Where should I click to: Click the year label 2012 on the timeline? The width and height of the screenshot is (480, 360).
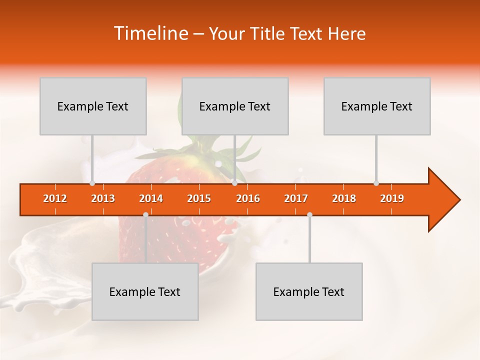[55, 198]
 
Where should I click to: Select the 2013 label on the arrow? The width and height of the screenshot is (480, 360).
[103, 198]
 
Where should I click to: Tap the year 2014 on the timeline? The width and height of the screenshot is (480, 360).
[151, 198]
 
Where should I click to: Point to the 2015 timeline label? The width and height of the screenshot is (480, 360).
[199, 198]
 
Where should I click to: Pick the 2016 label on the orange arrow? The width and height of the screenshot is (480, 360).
[248, 198]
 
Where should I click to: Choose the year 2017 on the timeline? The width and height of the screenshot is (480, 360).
[296, 198]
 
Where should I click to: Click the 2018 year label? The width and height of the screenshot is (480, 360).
[344, 198]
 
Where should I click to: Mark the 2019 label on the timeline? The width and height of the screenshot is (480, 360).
[392, 198]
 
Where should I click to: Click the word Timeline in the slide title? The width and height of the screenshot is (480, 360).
[150, 33]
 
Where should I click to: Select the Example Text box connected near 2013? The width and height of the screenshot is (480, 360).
[93, 106]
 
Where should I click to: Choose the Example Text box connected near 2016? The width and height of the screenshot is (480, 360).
[235, 106]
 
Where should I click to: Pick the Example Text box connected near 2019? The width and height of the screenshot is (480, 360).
[377, 106]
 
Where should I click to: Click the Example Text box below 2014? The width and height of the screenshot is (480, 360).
[145, 291]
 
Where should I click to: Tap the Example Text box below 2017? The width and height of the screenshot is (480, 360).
[309, 291]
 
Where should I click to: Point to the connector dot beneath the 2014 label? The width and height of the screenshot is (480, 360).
[145, 215]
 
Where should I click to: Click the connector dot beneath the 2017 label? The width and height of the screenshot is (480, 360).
[309, 215]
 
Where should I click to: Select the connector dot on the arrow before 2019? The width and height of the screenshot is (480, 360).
[376, 183]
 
